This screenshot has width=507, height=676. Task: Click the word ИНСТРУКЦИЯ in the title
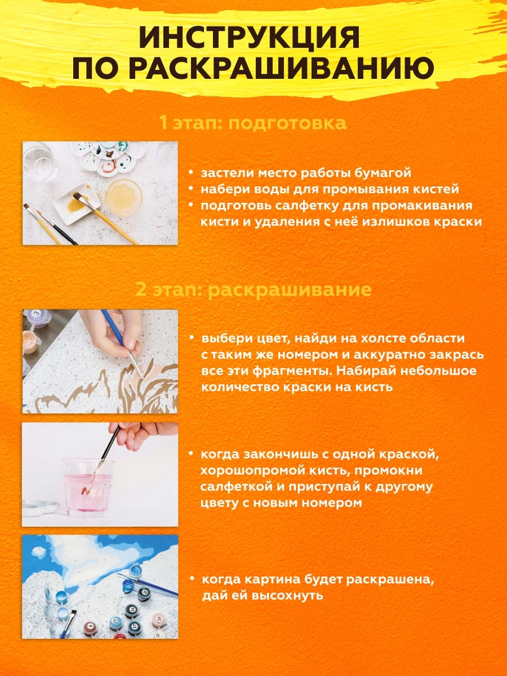249,38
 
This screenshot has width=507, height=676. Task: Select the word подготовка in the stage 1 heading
287,123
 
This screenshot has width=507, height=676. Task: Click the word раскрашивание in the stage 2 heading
290,290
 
